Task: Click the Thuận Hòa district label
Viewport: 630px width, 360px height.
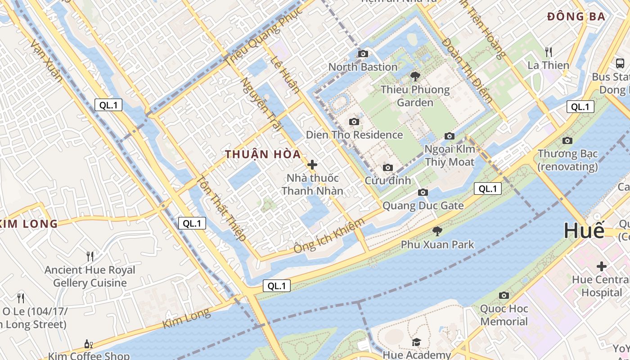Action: pyautogui.click(x=263, y=154)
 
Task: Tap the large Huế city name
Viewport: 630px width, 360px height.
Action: pyautogui.click(x=584, y=231)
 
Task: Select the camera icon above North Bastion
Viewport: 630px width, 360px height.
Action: pyautogui.click(x=363, y=54)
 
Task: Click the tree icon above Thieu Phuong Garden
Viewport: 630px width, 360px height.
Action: pyautogui.click(x=415, y=76)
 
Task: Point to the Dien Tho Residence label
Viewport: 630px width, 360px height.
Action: pyautogui.click(x=354, y=135)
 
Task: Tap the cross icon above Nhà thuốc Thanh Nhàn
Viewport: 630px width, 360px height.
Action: pyautogui.click(x=312, y=165)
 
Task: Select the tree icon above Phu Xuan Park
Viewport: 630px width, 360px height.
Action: pyautogui.click(x=437, y=231)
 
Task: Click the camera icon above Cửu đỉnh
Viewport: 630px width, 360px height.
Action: pyautogui.click(x=387, y=168)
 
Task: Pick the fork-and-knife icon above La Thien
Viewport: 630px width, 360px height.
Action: pyautogui.click(x=548, y=52)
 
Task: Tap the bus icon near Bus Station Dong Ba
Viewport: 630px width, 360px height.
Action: pyautogui.click(x=620, y=63)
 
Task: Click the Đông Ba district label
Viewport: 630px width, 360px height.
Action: pyautogui.click(x=576, y=17)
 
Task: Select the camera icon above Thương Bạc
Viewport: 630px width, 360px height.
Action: pyautogui.click(x=567, y=140)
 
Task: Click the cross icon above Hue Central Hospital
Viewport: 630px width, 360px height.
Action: pyautogui.click(x=601, y=266)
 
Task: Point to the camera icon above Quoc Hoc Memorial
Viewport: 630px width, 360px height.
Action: pyautogui.click(x=504, y=296)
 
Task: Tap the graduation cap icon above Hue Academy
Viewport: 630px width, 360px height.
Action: pyautogui.click(x=416, y=342)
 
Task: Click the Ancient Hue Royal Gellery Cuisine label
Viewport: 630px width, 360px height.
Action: pyautogui.click(x=90, y=276)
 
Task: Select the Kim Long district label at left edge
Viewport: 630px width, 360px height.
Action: pyautogui.click(x=29, y=224)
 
